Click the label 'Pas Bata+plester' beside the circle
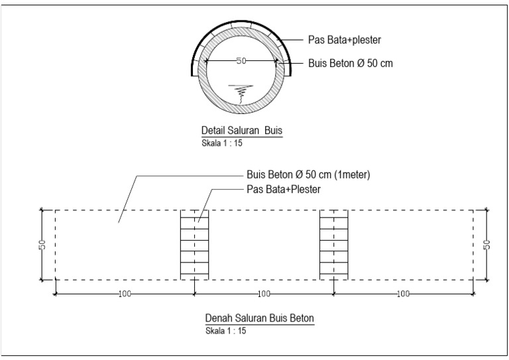[x=344, y=40]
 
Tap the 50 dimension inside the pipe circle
[x=241, y=61]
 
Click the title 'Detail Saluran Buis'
[x=241, y=129]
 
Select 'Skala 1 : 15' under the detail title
[x=217, y=142]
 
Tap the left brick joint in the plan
[x=194, y=245]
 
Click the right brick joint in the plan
[x=333, y=245]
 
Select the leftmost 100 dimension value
[x=125, y=294]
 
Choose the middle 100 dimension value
[x=264, y=294]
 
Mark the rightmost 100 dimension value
[x=403, y=294]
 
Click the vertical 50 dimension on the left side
[x=41, y=245]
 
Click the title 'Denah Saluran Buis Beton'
[x=259, y=318]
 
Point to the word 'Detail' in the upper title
[x=213, y=129]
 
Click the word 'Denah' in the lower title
[x=217, y=318]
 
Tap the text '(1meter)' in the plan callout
[x=350, y=176]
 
